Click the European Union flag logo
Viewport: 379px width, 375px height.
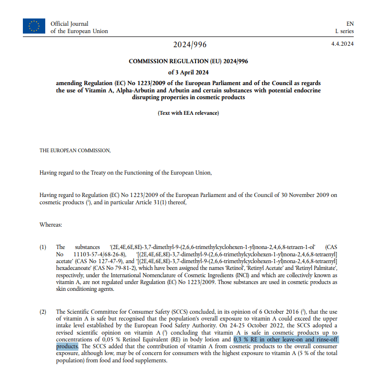34,26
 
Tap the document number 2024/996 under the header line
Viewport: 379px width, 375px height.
190,45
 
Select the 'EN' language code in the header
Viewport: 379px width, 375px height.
350,23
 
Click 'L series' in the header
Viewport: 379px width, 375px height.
344,31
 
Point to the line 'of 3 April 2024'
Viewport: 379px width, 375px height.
189,72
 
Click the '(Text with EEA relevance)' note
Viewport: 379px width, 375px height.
188,113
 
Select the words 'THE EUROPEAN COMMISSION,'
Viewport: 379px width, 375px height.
75,151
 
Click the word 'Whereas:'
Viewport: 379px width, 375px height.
51,225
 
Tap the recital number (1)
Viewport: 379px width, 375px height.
43,247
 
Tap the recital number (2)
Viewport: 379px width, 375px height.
43,312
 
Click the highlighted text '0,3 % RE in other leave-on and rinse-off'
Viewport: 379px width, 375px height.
286,339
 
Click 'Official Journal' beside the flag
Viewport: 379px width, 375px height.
70,24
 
